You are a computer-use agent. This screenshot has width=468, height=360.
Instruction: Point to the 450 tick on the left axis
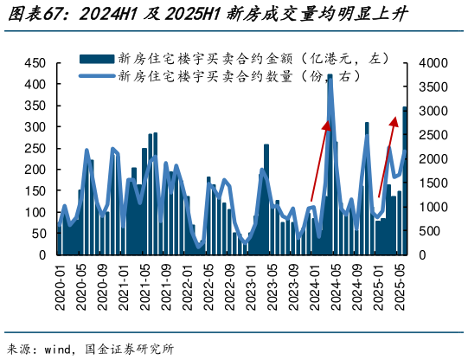(35, 64)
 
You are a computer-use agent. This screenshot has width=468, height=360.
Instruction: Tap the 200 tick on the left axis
(35, 170)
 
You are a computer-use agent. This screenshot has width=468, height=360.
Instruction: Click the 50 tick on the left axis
(38, 234)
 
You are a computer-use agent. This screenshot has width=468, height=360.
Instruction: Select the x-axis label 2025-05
(399, 285)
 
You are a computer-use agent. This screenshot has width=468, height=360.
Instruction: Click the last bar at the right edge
(404, 182)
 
